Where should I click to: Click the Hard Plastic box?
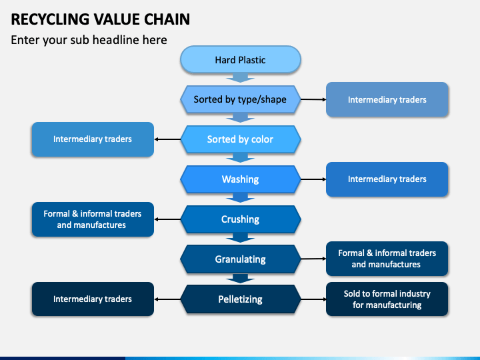(x=240, y=60)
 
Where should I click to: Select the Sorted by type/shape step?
(x=240, y=99)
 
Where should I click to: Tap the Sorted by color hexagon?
(x=240, y=139)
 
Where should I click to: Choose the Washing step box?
(x=240, y=179)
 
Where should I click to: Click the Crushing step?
(x=240, y=219)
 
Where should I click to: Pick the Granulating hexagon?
(x=240, y=259)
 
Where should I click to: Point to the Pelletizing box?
(x=240, y=299)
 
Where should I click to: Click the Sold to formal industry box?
(x=387, y=299)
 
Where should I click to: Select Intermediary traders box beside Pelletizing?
(x=93, y=299)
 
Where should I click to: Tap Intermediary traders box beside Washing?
(x=387, y=179)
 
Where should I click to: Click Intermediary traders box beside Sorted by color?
(x=93, y=139)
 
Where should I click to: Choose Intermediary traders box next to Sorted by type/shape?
(x=387, y=99)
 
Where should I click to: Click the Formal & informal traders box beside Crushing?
(x=93, y=219)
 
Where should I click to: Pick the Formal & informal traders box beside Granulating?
(x=387, y=259)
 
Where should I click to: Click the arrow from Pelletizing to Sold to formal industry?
(x=313, y=299)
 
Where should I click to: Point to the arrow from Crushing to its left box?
(x=167, y=219)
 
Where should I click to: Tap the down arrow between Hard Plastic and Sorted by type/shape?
(x=240, y=78)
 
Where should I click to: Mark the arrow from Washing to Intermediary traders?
(x=313, y=179)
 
